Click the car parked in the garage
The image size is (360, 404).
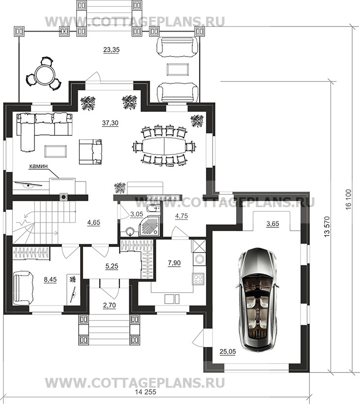pyautogui.click(x=258, y=298)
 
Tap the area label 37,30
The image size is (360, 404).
pyautogui.click(x=110, y=123)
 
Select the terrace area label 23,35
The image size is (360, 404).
pyautogui.click(x=111, y=50)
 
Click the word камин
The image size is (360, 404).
pyautogui.click(x=38, y=166)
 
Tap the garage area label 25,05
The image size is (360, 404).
pyautogui.click(x=228, y=351)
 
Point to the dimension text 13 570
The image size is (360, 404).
pyautogui.click(x=327, y=226)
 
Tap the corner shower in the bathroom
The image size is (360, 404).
pyautogui.click(x=150, y=226)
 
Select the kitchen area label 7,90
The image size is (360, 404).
pyautogui.click(x=174, y=263)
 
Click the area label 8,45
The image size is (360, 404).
pyautogui.click(x=50, y=280)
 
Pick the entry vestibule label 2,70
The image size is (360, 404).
pyautogui.click(x=110, y=305)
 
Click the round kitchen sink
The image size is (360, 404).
pyautogui.click(x=200, y=258)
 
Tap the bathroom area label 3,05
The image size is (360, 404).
pyautogui.click(x=137, y=214)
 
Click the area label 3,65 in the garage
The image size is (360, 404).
pyautogui.click(x=272, y=223)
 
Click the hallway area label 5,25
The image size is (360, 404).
pyautogui.click(x=112, y=266)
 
